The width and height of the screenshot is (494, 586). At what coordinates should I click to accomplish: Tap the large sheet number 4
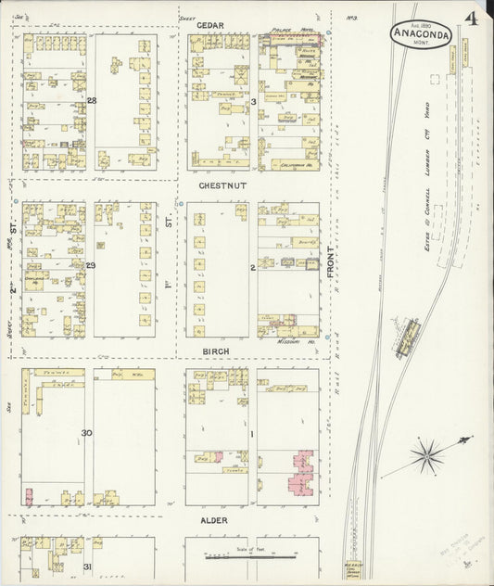coord(473,19)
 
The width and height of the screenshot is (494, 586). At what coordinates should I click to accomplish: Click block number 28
coord(91,100)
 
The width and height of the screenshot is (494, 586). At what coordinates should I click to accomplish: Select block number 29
coord(91,266)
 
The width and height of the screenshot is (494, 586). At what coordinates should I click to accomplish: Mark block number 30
coord(87,433)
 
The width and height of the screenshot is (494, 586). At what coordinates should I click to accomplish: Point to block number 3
coord(252,100)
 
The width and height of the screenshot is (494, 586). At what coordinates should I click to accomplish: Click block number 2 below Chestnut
coord(252,267)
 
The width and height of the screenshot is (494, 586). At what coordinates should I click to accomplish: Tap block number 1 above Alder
coord(252,433)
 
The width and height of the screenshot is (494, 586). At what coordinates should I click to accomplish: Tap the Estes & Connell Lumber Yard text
coord(427,181)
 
